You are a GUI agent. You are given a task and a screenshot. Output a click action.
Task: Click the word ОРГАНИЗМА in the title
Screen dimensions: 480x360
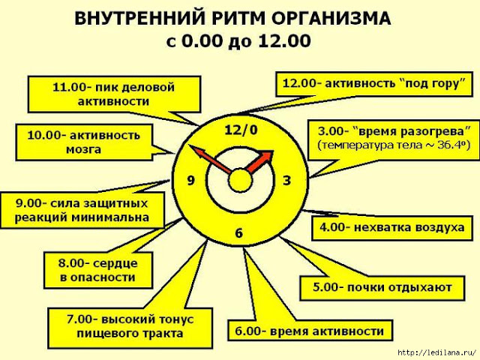[331, 18]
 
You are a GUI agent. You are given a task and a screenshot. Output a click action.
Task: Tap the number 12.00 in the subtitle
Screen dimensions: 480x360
[284, 40]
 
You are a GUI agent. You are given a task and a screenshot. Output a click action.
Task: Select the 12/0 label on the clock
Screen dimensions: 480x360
[241, 130]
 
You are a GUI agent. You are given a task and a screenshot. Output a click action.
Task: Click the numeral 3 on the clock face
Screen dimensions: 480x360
[286, 181]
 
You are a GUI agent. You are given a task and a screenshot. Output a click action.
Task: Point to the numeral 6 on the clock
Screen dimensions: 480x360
[238, 233]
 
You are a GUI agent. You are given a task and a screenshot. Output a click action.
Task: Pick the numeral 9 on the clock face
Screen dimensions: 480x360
[190, 180]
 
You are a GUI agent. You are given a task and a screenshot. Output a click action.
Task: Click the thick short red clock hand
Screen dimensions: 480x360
[259, 162]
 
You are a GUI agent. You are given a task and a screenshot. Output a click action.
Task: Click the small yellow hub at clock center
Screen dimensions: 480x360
[240, 180]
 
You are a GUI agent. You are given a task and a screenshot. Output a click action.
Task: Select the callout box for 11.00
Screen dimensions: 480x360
[114, 94]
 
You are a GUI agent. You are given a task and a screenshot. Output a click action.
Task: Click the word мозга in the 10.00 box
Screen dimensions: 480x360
[83, 150]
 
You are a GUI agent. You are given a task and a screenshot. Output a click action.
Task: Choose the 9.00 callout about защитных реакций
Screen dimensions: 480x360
[82, 210]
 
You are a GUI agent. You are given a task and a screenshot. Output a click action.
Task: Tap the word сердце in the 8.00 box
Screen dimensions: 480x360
[115, 263]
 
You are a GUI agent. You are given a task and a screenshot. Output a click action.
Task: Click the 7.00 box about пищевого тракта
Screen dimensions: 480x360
[130, 328]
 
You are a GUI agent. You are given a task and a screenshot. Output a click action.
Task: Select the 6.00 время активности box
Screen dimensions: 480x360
[310, 331]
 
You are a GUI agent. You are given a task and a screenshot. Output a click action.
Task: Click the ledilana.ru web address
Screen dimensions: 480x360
[437, 352]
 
